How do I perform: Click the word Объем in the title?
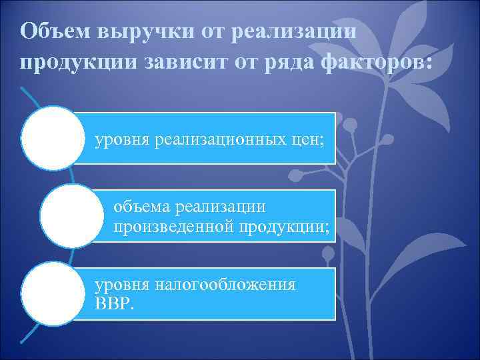tap(55, 31)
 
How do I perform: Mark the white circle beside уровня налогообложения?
tap(53, 294)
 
